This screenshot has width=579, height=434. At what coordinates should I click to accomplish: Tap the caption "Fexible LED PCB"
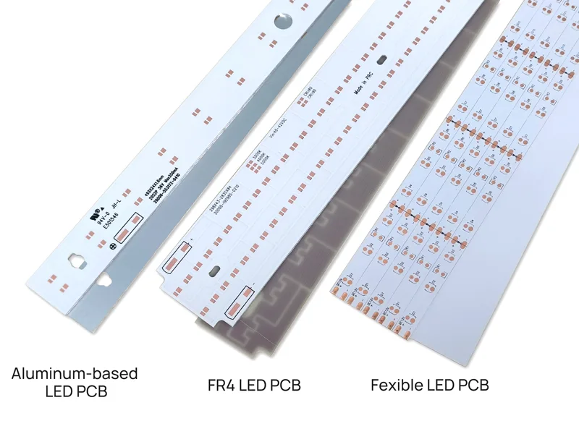coord(430,385)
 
